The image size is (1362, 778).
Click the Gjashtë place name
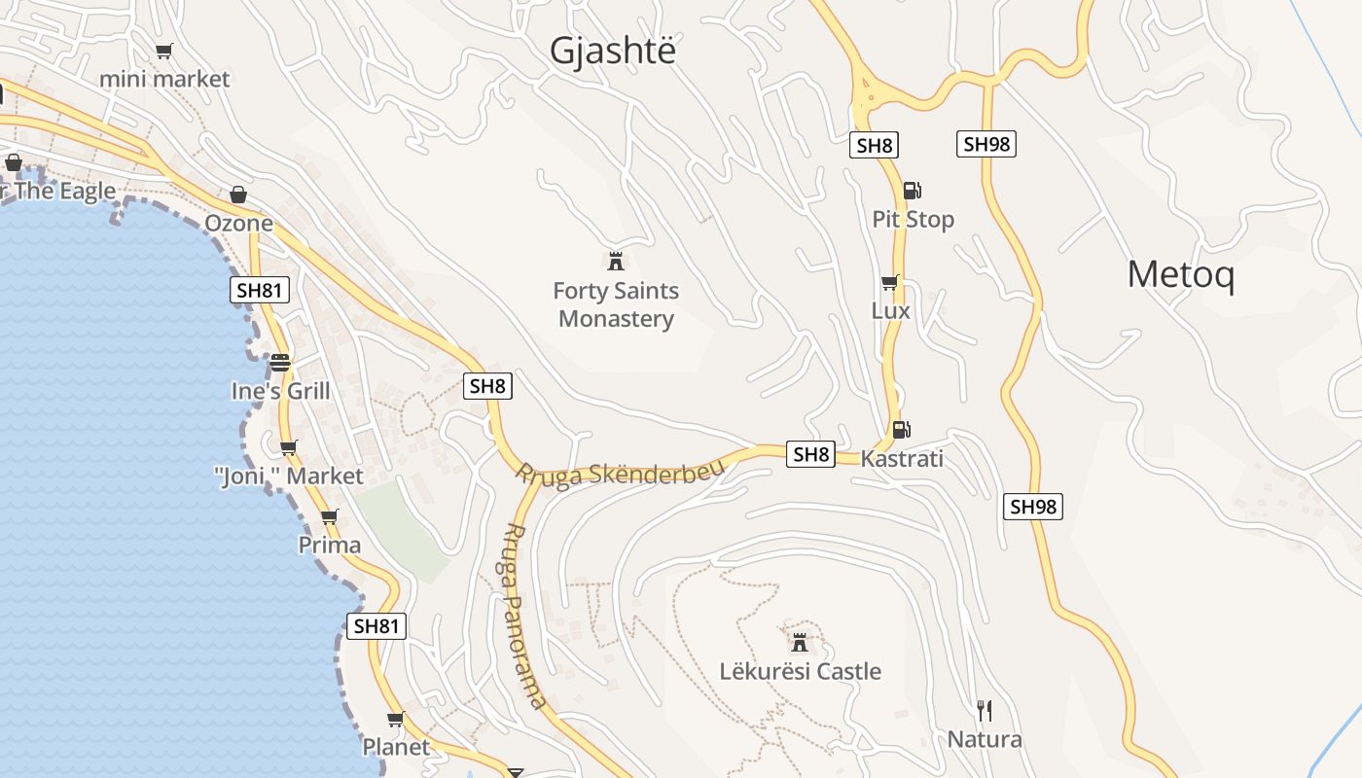(612, 51)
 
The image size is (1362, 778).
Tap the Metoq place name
(1181, 275)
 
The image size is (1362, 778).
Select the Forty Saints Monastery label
(616, 304)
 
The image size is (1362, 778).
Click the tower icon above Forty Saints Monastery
(615, 261)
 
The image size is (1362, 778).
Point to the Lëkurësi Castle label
(801, 671)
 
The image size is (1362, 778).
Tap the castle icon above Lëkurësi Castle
(800, 642)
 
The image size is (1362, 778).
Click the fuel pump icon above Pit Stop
(912, 191)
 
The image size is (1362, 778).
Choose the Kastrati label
(902, 458)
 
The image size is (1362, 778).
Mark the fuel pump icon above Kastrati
(902, 429)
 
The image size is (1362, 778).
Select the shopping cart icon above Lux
(889, 282)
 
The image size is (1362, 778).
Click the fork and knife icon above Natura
(985, 711)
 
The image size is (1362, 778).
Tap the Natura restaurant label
(985, 739)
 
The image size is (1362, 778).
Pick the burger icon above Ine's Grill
(280, 363)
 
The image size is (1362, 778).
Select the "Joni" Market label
(288, 477)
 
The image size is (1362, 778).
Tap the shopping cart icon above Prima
(330, 516)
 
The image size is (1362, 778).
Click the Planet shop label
(396, 747)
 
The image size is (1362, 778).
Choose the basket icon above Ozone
(238, 194)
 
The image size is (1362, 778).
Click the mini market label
(164, 79)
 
